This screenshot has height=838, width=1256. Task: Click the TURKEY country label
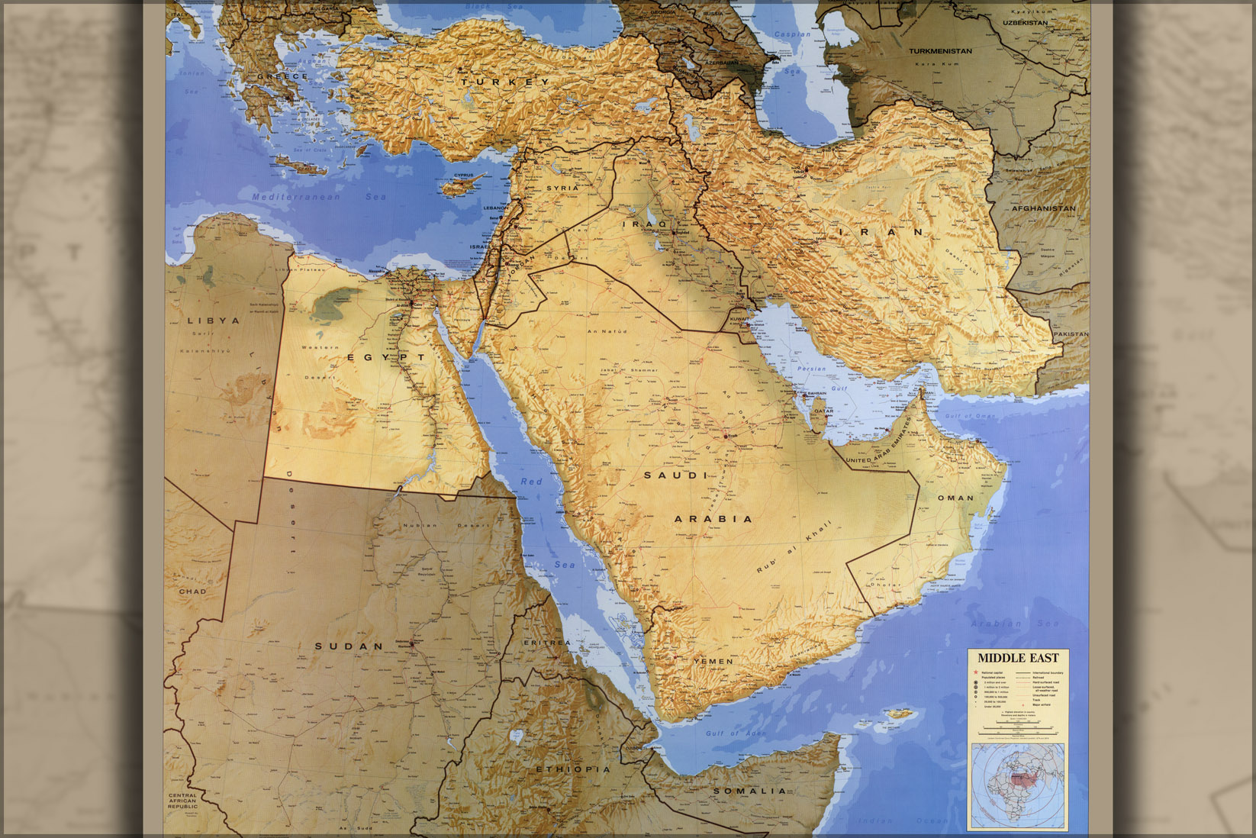click(504, 82)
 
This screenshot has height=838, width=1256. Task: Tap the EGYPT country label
click(386, 357)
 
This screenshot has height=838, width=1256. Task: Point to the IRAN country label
click(880, 231)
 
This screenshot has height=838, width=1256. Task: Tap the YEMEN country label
click(713, 661)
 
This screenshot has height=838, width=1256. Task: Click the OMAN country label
click(955, 498)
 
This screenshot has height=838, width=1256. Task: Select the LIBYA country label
click(214, 321)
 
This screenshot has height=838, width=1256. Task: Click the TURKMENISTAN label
click(940, 51)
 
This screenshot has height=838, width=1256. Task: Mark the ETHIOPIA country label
click(573, 769)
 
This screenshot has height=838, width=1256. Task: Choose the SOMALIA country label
click(749, 791)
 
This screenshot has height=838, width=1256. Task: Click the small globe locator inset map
click(1018, 786)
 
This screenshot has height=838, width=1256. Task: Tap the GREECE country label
click(282, 76)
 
